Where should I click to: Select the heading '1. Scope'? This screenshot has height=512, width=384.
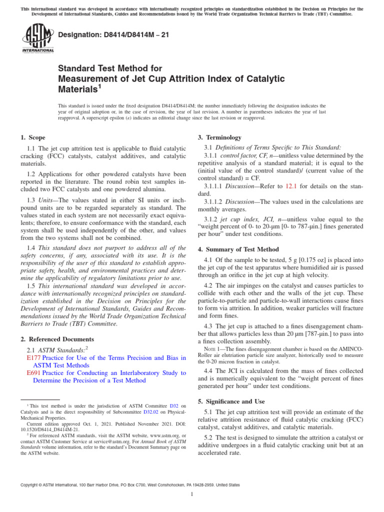pyautogui.click(x=32, y=137)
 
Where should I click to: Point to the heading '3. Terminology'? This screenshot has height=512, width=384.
pyautogui.click(x=219, y=137)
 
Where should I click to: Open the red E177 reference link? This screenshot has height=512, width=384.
pyautogui.click(x=33, y=358)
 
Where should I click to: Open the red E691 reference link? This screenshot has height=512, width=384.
pyautogui.click(x=33, y=373)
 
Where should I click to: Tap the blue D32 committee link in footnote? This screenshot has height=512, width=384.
pyautogui.click(x=174, y=405)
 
